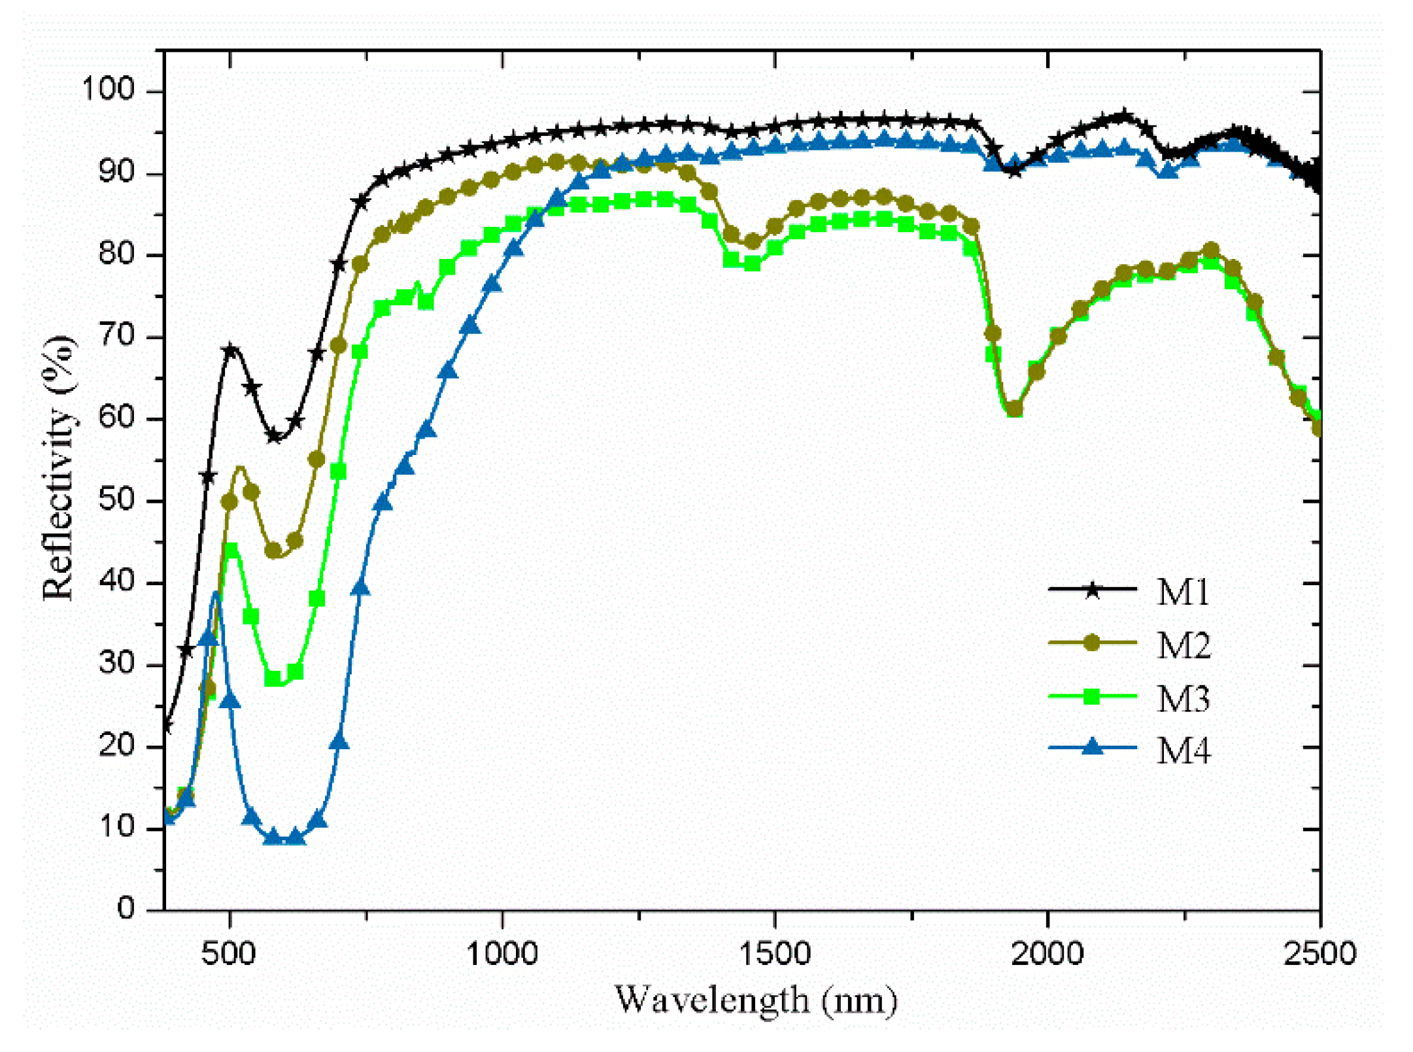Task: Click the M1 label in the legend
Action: click(1182, 592)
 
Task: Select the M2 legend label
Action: click(1183, 646)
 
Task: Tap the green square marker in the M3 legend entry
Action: click(1091, 696)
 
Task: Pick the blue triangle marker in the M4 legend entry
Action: click(1091, 747)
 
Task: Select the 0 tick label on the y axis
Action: click(126, 908)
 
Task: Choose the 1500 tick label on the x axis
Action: click(774, 954)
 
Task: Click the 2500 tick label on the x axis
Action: click(1319, 954)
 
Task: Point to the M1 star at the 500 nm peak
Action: click(230, 351)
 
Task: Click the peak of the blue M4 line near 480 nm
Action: click(215, 593)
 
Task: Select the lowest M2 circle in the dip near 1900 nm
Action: click(1013, 409)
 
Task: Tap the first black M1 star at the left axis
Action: click(166, 726)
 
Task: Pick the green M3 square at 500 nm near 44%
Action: click(230, 550)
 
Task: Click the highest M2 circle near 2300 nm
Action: click(1210, 250)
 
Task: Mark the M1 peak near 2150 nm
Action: click(1123, 117)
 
